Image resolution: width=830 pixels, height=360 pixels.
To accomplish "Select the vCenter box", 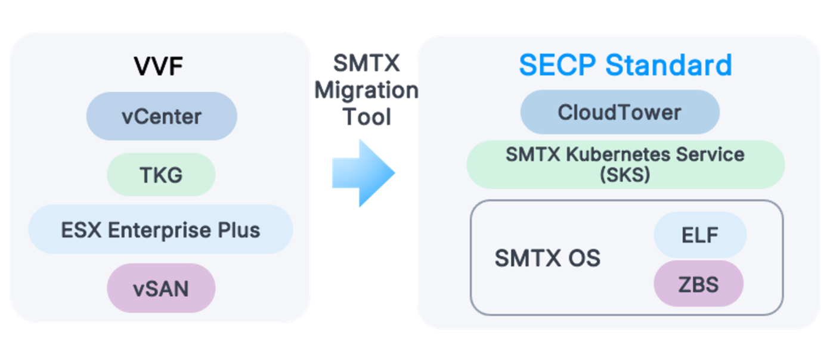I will tap(162, 116).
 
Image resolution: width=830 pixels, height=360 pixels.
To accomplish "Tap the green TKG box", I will tap(161, 175).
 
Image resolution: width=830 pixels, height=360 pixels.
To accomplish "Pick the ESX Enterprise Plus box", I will tap(160, 229).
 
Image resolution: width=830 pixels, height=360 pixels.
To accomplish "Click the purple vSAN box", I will tap(161, 288).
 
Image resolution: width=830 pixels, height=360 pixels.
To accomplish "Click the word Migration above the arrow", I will tap(366, 91).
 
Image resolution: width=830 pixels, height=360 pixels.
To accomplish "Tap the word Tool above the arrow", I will tap(366, 117).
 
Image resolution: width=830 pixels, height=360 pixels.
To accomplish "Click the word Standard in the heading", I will tap(668, 65).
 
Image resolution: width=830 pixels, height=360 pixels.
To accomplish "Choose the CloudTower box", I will tap(620, 112).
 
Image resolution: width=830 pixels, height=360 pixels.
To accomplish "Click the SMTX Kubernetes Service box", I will tap(625, 164).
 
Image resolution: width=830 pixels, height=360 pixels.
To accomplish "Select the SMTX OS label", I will tap(547, 259).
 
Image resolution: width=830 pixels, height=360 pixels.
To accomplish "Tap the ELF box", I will tap(700, 235).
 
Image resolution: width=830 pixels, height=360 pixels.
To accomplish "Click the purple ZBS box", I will tap(699, 284).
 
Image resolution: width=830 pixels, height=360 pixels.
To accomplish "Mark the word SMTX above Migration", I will tap(366, 63).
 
